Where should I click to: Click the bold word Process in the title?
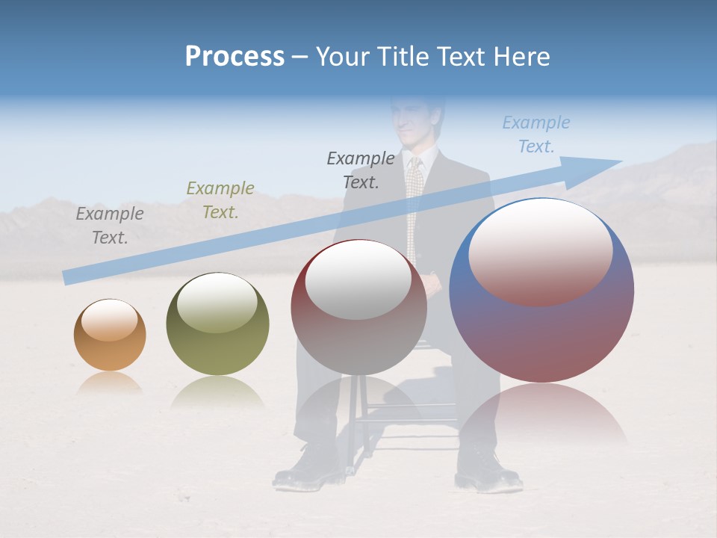pyautogui.click(x=235, y=57)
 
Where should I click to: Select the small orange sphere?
pyautogui.click(x=110, y=335)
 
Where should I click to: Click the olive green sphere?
pyautogui.click(x=217, y=324)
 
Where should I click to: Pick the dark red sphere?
pyautogui.click(x=358, y=308)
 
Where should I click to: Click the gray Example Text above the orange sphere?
pyautogui.click(x=110, y=226)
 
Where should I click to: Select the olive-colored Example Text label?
pyautogui.click(x=220, y=200)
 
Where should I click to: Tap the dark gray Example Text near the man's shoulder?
pyautogui.click(x=361, y=170)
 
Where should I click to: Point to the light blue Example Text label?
pyautogui.click(x=536, y=134)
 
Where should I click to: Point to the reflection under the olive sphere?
pyautogui.click(x=217, y=392)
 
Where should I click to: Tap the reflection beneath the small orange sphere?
pyautogui.click(x=110, y=383)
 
